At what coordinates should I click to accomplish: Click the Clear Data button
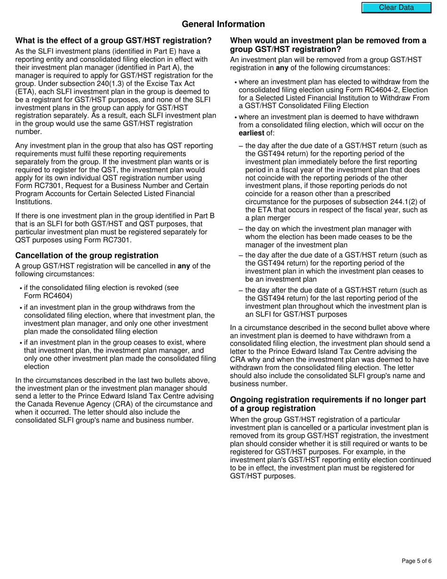396,8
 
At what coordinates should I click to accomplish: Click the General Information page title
223,24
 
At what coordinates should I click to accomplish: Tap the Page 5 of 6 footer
416,561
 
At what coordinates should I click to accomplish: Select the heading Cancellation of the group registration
87,256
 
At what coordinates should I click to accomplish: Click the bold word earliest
252,133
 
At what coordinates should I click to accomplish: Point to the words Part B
205,216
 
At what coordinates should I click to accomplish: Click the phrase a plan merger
268,218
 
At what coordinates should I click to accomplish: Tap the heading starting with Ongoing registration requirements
327,404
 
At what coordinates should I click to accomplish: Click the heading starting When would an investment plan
327,45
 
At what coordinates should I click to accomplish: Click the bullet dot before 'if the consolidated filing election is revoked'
21,288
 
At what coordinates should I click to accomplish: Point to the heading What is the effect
113,40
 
